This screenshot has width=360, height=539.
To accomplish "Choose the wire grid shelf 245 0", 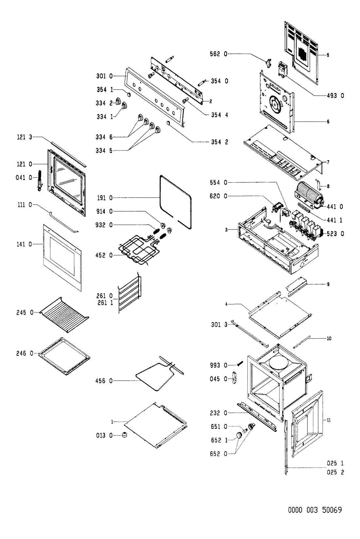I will pos(64,314).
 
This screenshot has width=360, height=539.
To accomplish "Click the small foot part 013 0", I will pos(124,435).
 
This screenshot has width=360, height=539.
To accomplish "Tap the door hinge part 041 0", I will pos(40,180).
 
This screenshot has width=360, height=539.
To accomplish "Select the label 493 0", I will pos(334,96).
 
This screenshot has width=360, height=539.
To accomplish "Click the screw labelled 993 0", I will pos(240,364).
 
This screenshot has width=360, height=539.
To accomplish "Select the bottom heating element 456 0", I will pos(154,376).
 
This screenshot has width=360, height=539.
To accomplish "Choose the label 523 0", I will pos(334,234).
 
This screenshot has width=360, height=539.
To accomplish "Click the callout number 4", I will pos(226,304).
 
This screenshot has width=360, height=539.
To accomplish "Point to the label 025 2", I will pos(334,472).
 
